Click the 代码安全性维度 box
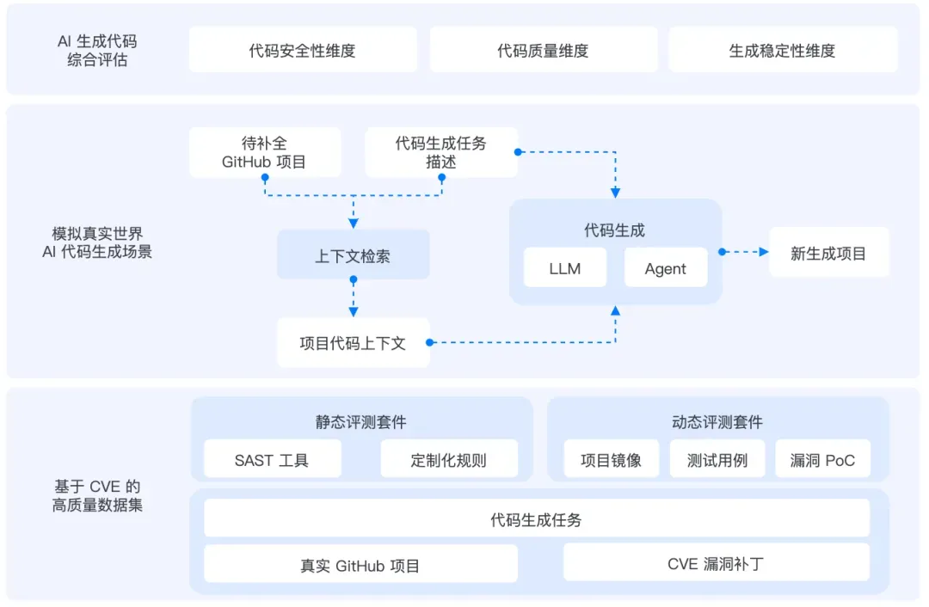pyautogui.click(x=302, y=51)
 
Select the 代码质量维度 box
pyautogui.click(x=543, y=51)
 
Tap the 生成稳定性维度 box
pyautogui.click(x=782, y=51)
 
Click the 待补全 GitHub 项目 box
pyautogui.click(x=264, y=153)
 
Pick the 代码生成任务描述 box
pyautogui.click(x=440, y=153)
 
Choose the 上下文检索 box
pyautogui.click(x=353, y=255)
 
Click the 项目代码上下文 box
pyautogui.click(x=353, y=343)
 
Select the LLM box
pyautogui.click(x=565, y=268)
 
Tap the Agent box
pyautogui.click(x=666, y=268)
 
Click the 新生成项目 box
pyautogui.click(x=828, y=253)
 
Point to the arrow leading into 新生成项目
pyautogui.click(x=745, y=252)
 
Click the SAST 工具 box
pyautogui.click(x=272, y=460)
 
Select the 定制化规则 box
pyautogui.click(x=448, y=460)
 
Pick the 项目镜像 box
pyautogui.click(x=611, y=460)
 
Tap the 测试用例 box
pyautogui.click(x=717, y=460)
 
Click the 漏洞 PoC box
pyautogui.click(x=822, y=460)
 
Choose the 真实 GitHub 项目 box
pyautogui.click(x=360, y=566)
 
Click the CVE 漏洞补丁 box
pyautogui.click(x=716, y=564)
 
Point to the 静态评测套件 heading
pyautogui.click(x=360, y=422)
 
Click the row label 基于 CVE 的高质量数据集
pyautogui.click(x=97, y=496)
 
